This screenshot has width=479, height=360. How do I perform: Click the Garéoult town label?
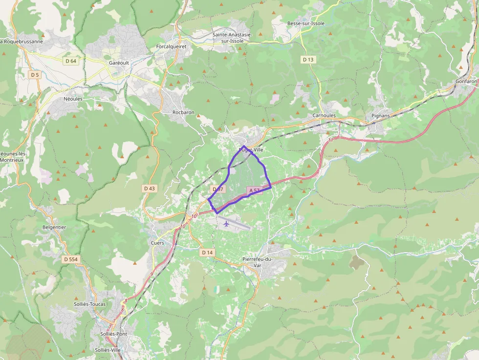tap(119, 63)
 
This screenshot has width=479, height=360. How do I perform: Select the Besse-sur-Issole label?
tap(305, 23)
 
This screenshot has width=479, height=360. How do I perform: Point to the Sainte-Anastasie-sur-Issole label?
tap(232, 38)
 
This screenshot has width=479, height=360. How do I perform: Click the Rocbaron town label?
tap(183, 112)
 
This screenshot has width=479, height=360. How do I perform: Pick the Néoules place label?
tap(73, 99)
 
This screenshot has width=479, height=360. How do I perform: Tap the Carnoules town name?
tap(324, 116)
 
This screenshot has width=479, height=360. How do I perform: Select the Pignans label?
tap(381, 116)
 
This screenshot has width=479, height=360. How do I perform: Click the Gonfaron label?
tap(466, 82)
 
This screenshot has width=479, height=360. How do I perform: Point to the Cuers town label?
tap(157, 243)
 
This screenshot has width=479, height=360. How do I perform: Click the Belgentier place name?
tap(54, 227)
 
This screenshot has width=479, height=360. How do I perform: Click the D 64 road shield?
tap(70, 61)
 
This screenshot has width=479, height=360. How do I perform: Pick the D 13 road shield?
tap(307, 60)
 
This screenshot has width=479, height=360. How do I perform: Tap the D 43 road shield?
tap(150, 188)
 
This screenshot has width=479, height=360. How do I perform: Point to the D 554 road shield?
tap(70, 259)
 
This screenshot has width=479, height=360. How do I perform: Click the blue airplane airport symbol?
tap(226, 224)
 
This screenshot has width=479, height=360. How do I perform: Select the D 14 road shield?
tap(207, 253)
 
